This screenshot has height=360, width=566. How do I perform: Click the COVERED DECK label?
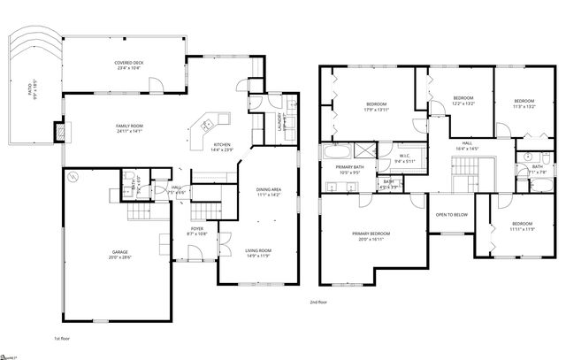pos(129,63)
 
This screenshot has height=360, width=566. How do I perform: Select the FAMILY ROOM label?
pos(129,126)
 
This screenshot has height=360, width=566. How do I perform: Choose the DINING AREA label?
pos(269,190)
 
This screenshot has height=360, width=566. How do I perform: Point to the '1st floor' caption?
pos(62,338)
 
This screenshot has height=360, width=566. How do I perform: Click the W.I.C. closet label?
pos(405,156)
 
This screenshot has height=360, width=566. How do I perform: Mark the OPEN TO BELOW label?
pos(452,215)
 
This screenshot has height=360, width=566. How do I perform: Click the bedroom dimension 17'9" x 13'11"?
pos(377,111)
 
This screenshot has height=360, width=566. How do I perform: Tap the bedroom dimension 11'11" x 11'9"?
pos(522,229)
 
